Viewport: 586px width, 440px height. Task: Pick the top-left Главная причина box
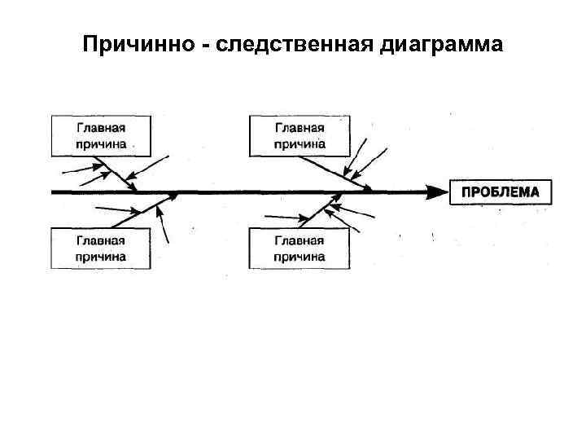[101, 135]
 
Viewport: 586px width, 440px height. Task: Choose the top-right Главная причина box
[300, 135]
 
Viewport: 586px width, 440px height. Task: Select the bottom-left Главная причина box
[101, 249]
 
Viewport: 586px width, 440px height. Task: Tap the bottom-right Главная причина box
[300, 249]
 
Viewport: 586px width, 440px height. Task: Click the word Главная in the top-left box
[101, 128]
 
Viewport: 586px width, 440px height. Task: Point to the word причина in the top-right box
[300, 143]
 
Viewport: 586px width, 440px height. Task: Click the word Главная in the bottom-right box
[300, 240]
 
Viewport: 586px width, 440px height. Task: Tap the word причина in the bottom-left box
[101, 257]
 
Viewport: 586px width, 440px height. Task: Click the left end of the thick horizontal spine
[54, 192]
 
